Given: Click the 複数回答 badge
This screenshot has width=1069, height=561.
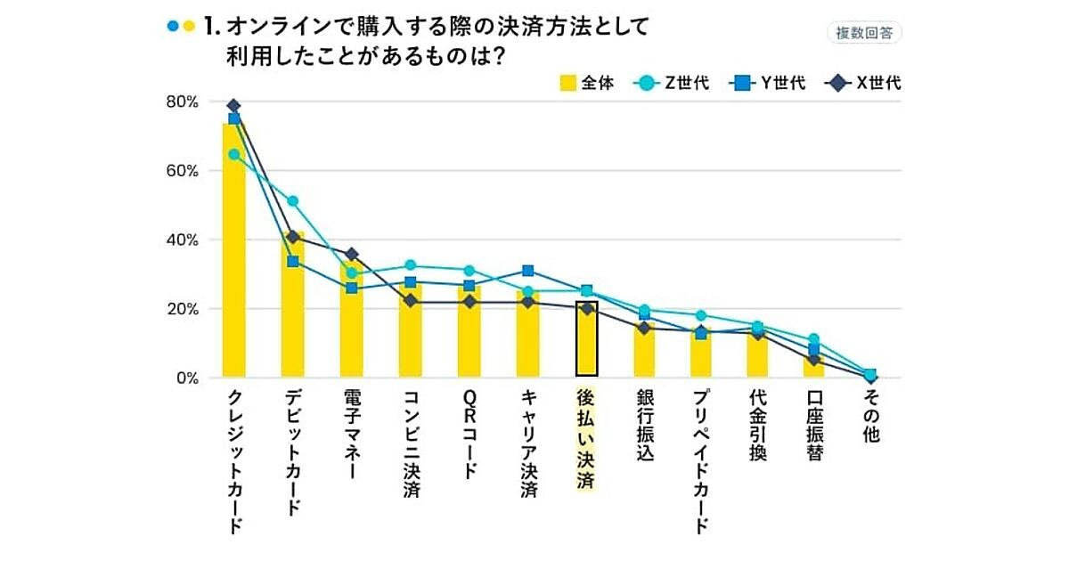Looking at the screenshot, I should click(x=864, y=33).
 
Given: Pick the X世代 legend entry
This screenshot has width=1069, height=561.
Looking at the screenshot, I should click(x=864, y=84).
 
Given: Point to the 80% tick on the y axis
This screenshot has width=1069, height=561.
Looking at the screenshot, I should click(x=182, y=102).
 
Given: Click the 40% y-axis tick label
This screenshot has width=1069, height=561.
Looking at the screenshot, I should click(x=182, y=240).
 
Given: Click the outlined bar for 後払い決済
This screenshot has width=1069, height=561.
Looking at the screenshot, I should click(x=586, y=338).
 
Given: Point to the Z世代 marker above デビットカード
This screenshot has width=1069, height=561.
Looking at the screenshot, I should click(x=292, y=201).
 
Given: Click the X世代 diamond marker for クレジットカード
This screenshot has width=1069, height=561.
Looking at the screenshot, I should click(x=234, y=106).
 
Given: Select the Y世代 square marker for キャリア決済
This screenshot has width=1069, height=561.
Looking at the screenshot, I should click(x=527, y=271).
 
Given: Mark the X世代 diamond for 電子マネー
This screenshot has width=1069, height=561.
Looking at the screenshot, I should click(x=351, y=255).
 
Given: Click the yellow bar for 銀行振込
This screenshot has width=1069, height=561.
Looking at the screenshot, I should click(x=644, y=352).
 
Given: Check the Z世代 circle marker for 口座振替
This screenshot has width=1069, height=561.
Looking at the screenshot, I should click(x=812, y=339).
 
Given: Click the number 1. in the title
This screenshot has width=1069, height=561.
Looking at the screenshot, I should click(x=212, y=28).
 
